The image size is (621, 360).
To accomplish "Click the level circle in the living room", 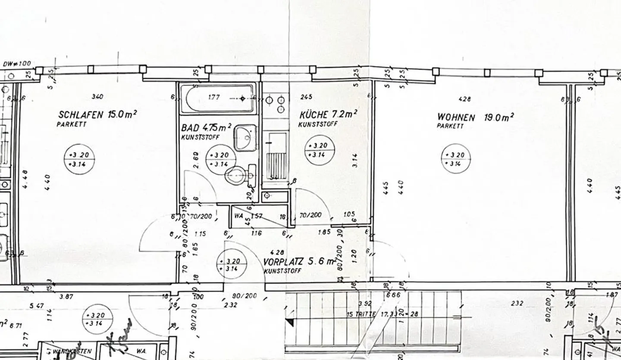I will [455, 159].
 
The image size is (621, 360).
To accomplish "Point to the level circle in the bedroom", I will [79, 159].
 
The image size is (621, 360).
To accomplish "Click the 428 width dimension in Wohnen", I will [464, 99].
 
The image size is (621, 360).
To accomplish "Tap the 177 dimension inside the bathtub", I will [214, 97].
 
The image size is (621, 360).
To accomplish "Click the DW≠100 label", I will [16, 64].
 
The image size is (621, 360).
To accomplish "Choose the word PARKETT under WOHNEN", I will [450, 126].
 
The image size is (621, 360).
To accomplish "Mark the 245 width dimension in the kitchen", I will [306, 97].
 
